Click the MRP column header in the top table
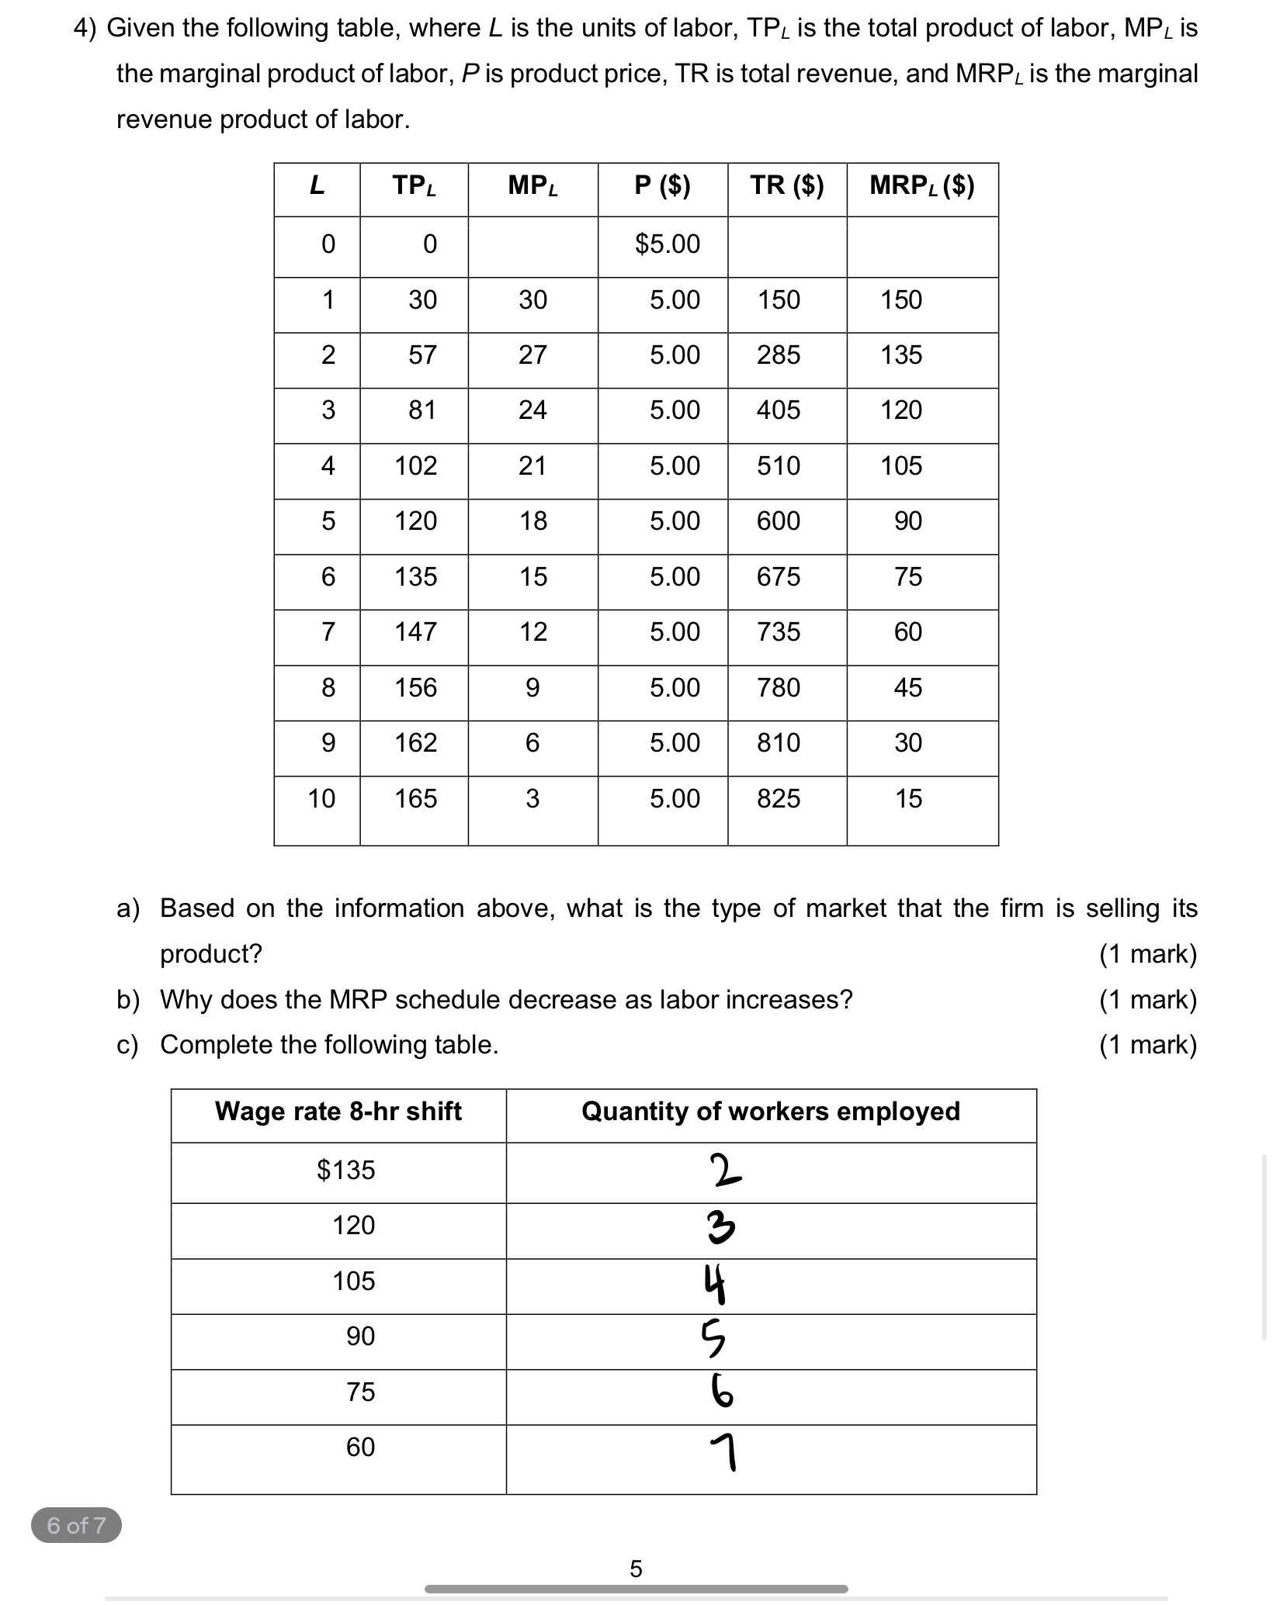pos(921,185)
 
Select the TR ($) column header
pos(786,185)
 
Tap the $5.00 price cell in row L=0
pos(667,244)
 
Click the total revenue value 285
pos(778,355)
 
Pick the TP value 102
pos(415,466)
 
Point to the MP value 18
pos(532,521)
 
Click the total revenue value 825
pos(778,799)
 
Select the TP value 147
pos(415,632)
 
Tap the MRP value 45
pos(907,688)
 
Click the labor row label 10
pos(321,799)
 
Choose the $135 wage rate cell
pos(345,1170)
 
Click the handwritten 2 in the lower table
pos(725,1171)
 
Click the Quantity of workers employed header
pos(770,1112)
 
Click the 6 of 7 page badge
pos(76,1526)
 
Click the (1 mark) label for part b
pos(1147,1000)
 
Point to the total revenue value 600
pos(778,521)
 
